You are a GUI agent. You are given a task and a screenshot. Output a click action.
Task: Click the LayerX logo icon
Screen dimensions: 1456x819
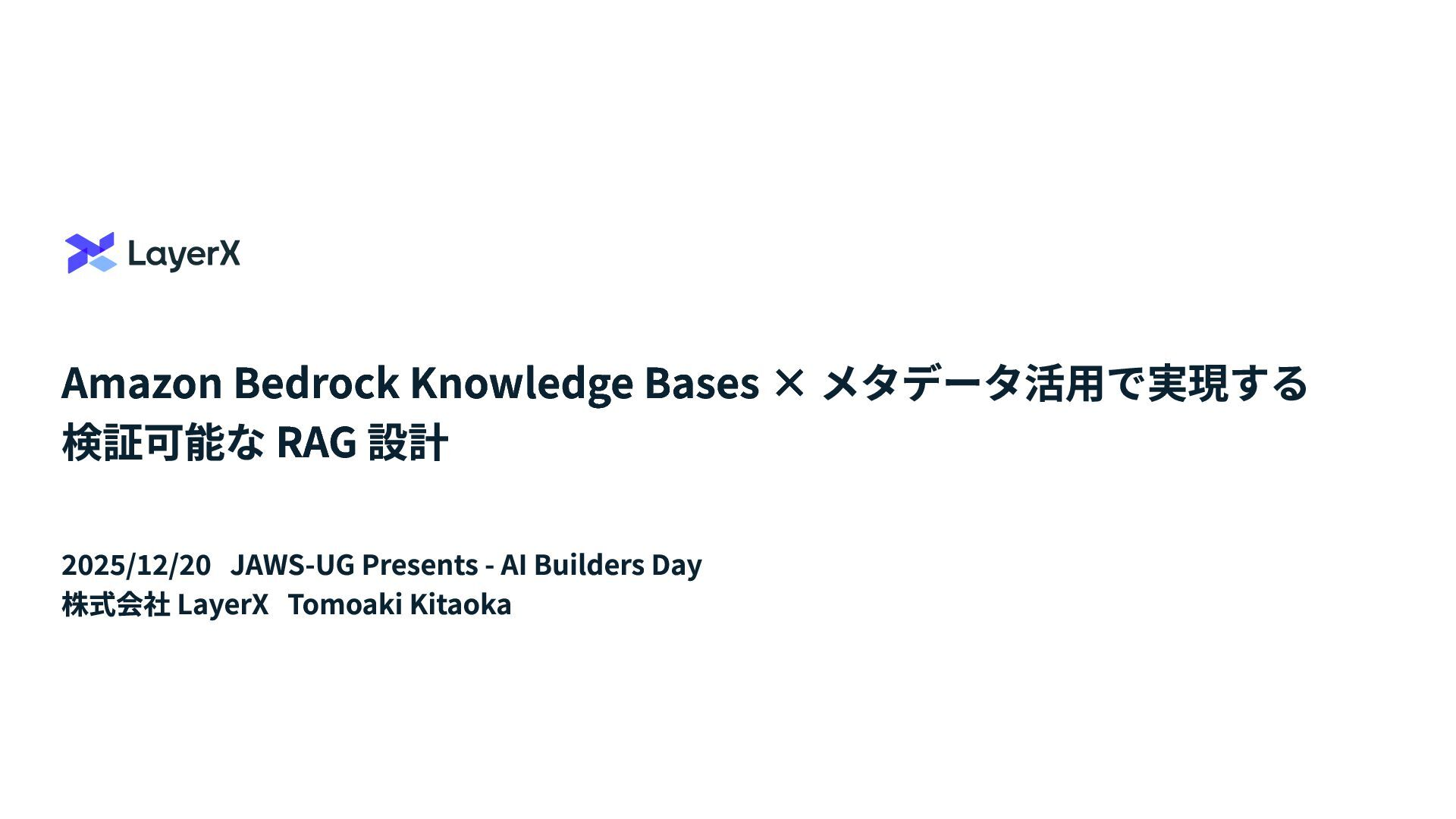tap(90, 253)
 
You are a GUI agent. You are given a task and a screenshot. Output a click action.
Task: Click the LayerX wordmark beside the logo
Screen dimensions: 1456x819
tap(184, 254)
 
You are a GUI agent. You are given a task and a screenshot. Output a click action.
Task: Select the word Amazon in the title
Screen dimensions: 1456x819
tap(142, 382)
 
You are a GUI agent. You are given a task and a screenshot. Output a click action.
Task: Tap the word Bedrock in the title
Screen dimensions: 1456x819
tap(316, 382)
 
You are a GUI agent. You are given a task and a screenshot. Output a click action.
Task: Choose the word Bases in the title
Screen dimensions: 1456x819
tap(701, 382)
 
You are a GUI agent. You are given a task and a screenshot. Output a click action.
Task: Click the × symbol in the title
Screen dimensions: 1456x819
tap(789, 382)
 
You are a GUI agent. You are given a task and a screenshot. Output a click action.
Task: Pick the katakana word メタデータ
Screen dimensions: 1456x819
tap(922, 382)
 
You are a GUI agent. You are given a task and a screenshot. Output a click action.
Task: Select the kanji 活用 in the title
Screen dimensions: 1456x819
tap(1064, 382)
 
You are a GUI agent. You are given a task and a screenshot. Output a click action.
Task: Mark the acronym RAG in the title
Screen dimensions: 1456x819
tap(317, 443)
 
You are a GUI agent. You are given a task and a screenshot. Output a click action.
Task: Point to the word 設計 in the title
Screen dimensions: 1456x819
tap(408, 443)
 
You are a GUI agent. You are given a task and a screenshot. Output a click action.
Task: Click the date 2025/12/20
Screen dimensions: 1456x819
tap(136, 565)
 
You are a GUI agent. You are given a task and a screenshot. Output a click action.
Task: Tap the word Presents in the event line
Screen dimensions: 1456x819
tap(420, 565)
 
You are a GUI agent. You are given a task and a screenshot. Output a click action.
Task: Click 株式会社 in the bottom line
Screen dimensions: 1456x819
tap(116, 605)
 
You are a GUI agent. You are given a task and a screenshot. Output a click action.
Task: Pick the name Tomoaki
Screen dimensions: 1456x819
tap(345, 604)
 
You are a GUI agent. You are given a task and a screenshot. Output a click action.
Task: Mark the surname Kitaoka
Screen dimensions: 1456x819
tap(461, 604)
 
